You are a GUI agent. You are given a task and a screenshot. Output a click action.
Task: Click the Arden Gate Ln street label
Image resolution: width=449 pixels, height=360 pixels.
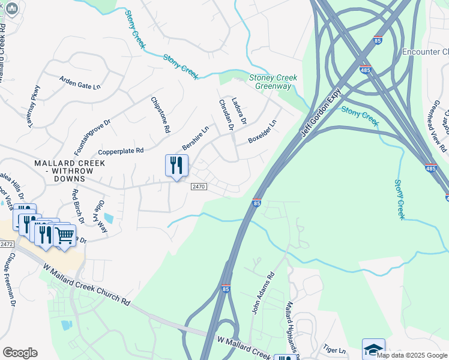tap(79, 82)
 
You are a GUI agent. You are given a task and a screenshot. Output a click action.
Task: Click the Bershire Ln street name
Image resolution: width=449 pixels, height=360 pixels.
tap(196, 138)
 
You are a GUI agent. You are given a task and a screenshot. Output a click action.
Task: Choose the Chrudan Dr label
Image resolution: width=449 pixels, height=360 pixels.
tap(225, 114)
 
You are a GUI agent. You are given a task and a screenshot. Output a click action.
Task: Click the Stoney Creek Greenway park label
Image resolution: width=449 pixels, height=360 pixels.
tap(270, 82)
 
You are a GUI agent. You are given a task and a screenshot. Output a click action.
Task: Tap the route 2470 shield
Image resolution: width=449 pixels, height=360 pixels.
tap(199, 187)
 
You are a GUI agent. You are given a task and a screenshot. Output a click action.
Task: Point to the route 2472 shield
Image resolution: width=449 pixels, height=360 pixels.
tap(7, 244)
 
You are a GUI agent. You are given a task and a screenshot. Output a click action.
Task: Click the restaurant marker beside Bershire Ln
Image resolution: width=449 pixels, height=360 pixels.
tap(176, 166)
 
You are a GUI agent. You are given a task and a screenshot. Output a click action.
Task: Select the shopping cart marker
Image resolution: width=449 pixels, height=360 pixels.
tap(64, 235)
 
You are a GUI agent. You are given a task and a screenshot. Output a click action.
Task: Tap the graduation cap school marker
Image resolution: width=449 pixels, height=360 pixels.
tap(373, 349)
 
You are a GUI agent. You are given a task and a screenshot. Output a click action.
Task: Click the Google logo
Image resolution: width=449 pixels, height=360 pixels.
tap(20, 352)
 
